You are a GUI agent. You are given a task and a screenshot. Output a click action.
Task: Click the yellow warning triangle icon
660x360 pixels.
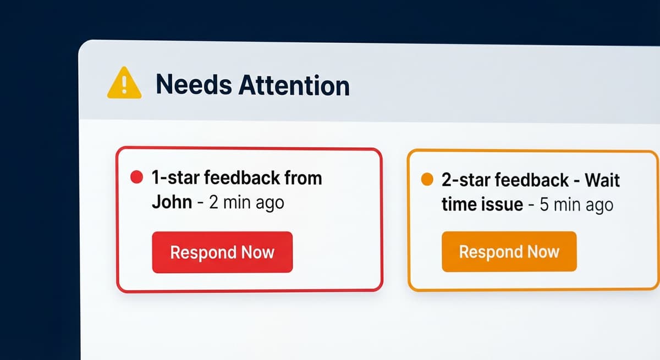124,84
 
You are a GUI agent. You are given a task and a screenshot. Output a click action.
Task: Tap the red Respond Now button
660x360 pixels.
222,252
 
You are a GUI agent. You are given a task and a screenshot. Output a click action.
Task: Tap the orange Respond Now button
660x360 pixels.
509,252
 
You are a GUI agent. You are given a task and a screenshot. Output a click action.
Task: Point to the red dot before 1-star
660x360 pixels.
136,178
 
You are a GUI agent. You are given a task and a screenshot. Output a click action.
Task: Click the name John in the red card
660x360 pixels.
172,202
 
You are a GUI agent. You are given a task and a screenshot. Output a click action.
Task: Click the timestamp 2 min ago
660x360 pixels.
246,202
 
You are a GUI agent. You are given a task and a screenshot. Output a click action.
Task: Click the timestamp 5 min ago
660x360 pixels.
576,205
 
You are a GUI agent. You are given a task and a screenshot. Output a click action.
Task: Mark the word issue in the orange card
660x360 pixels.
501,205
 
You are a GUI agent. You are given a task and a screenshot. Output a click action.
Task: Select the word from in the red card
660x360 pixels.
303,178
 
